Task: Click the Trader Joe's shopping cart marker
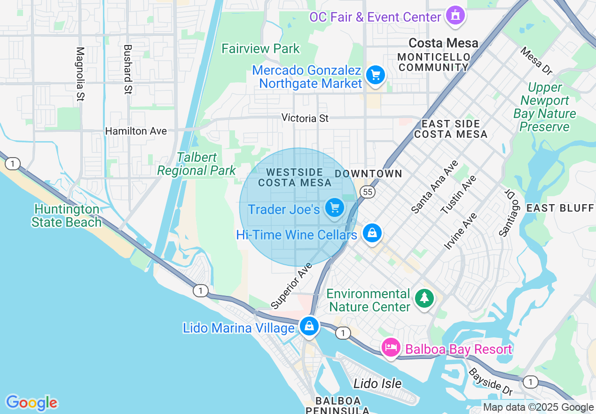pos(335,207)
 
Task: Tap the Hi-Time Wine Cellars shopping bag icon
pos(372,232)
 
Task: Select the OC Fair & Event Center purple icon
pos(455,16)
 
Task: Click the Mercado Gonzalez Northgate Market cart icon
pos(375,75)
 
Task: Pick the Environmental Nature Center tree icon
pos(424,297)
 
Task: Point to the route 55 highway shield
pos(368,191)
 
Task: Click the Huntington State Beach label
pos(67,216)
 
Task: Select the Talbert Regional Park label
pos(196,164)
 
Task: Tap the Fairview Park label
pos(260,48)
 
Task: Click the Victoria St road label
pos(305,118)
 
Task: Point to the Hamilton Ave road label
pos(136,131)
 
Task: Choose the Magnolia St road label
pos(80,74)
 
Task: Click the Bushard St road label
pos(127,69)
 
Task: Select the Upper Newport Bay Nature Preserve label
pos(544,107)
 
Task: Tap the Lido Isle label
pos(377,383)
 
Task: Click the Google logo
pos(31,403)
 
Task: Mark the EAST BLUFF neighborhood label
pos(560,208)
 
